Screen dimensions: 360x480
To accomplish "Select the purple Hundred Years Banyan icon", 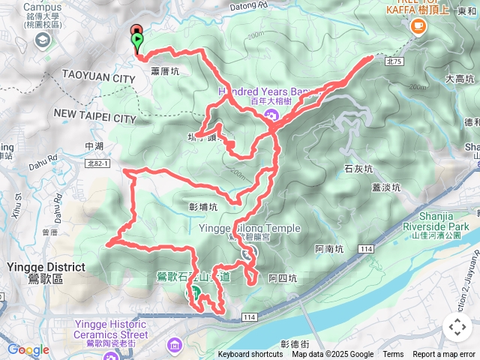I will (271, 115).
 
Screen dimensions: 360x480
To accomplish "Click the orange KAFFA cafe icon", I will (418, 26).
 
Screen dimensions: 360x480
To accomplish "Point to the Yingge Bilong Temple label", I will (250, 229).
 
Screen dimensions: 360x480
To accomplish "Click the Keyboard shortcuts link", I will (250, 355).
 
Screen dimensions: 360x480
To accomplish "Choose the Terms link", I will (393, 355).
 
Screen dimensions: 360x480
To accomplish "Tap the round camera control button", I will (457, 327).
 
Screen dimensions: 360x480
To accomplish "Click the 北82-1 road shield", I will (98, 163).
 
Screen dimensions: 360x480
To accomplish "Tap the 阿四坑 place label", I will (283, 278).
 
